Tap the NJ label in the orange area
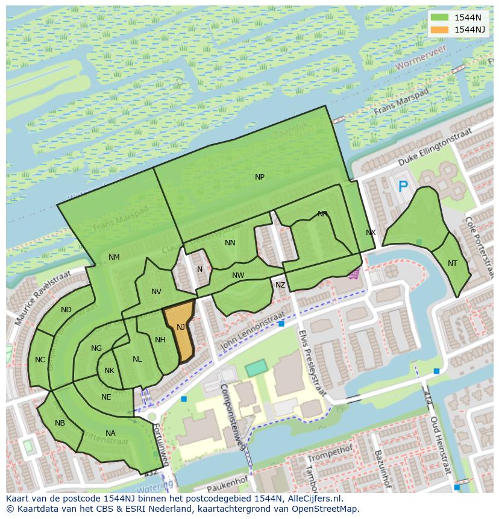181,327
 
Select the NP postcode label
260,177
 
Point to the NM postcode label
114,257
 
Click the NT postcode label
453,263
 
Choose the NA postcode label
110,433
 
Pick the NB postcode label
60,423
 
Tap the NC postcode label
40,360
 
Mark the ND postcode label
66,310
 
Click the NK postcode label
109,371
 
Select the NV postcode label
156,292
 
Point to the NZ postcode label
280,285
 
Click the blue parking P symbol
403,187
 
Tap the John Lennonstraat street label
253,330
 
